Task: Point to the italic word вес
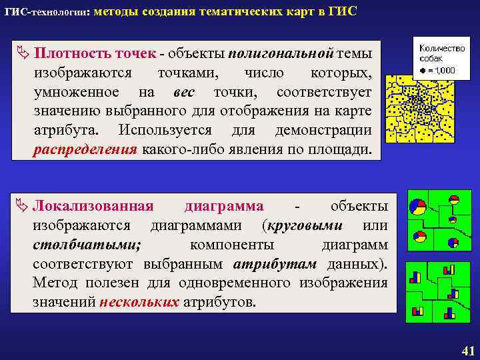point(183,91)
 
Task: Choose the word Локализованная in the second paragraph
point(93,205)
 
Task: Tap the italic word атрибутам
point(275,263)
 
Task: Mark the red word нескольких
point(139,302)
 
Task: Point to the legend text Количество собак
point(441,53)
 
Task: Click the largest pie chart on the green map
point(417,207)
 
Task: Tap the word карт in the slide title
point(307,12)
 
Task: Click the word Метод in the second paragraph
point(54,283)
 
